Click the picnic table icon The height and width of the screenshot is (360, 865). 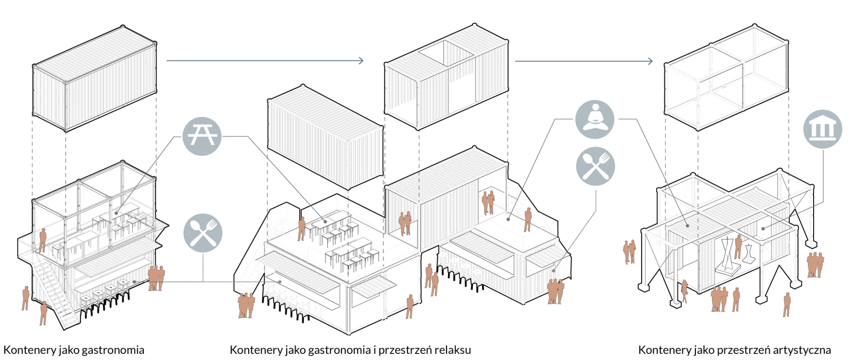[x=202, y=136]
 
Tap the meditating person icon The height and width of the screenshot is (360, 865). [x=595, y=120]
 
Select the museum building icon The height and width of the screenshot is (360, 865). [x=822, y=129]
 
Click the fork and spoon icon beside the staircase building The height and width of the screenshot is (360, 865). [x=203, y=233]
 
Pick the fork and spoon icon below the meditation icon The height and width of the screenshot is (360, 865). [x=595, y=166]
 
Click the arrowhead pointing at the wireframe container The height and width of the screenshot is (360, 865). [x=650, y=61]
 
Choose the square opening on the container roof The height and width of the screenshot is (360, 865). [x=446, y=53]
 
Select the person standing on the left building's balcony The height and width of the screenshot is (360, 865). [x=43, y=240]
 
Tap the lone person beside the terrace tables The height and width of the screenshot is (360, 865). [x=301, y=229]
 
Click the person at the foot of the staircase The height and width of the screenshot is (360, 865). [x=43, y=313]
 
